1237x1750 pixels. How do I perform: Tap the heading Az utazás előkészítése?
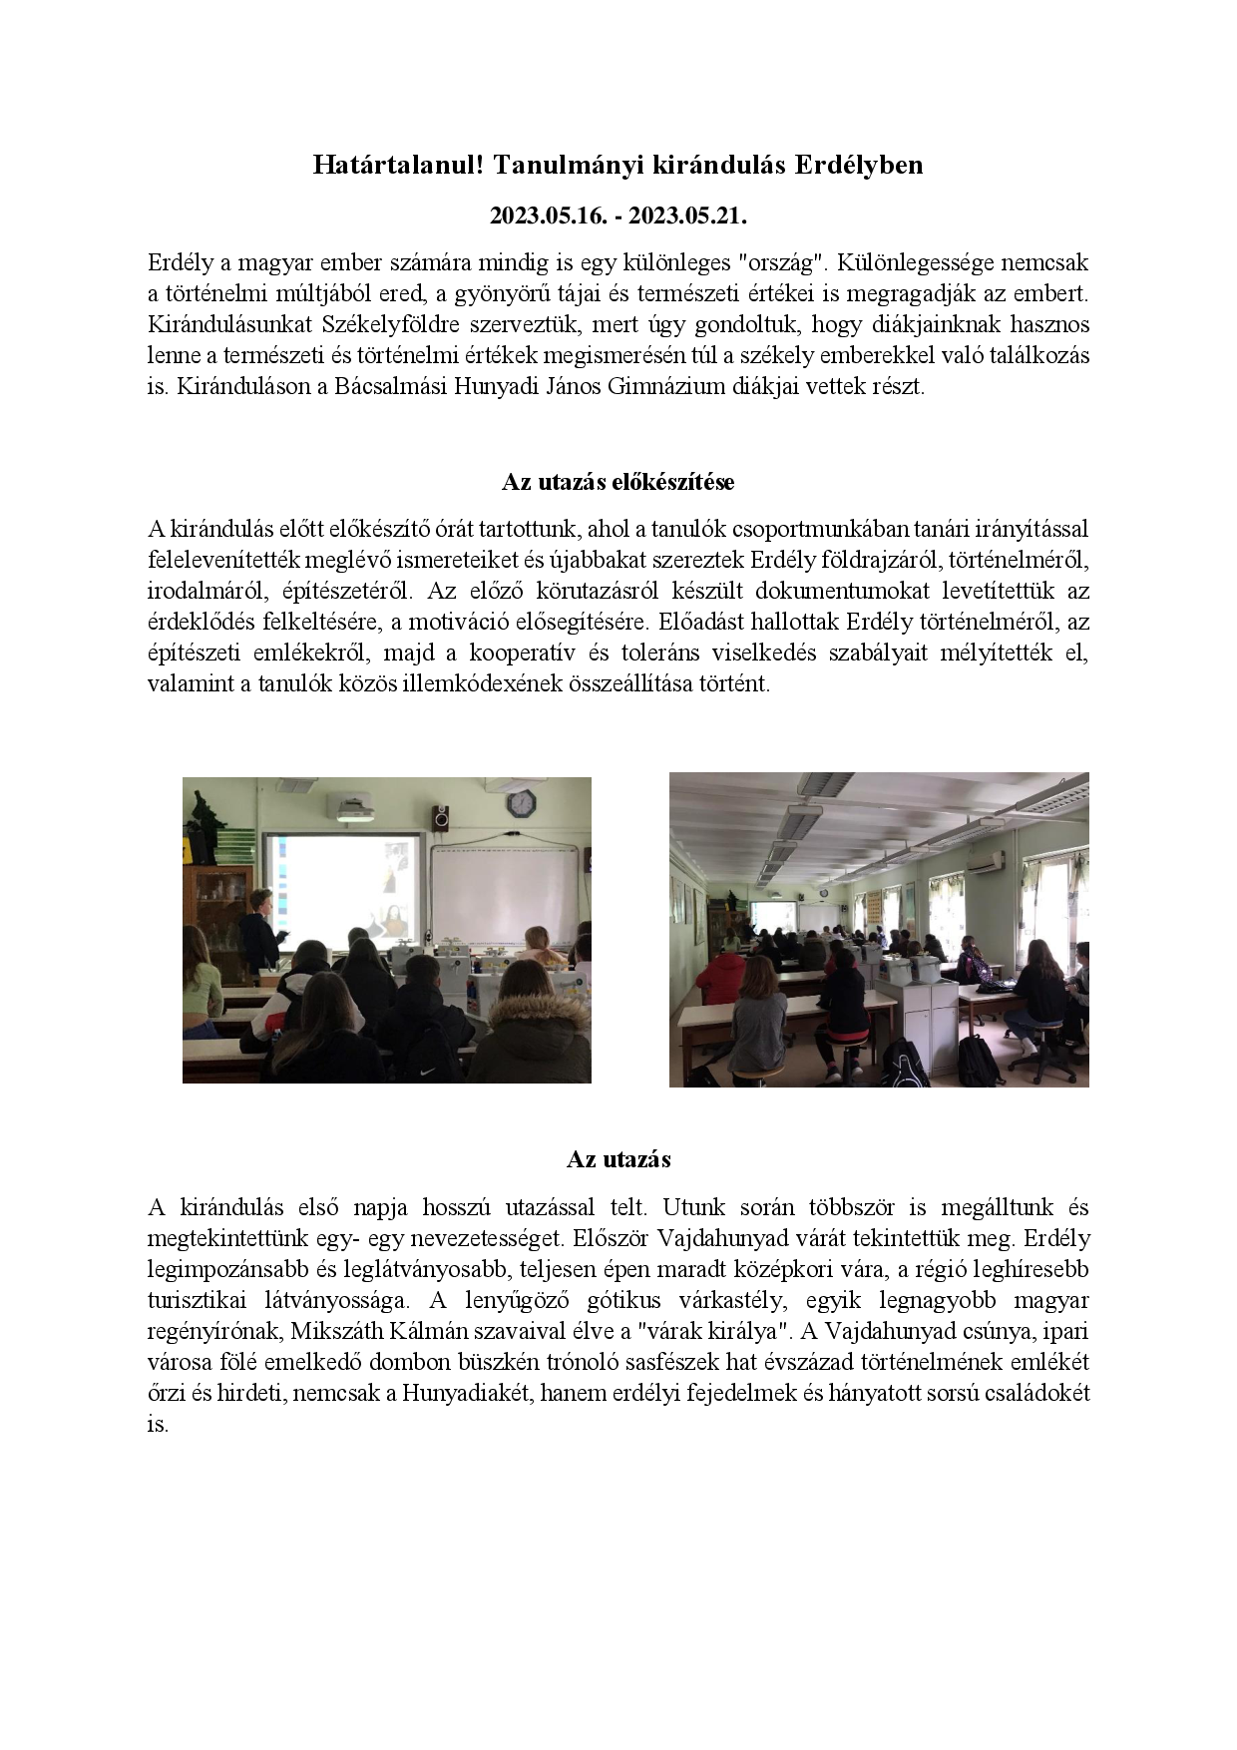pyautogui.click(x=618, y=482)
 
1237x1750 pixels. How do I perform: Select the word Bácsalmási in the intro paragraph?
pyautogui.click(x=391, y=386)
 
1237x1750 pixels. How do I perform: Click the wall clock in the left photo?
pyautogui.click(x=520, y=802)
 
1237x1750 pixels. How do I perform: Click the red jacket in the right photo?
pyautogui.click(x=721, y=978)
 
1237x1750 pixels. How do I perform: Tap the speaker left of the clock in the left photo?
pyautogui.click(x=440, y=818)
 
